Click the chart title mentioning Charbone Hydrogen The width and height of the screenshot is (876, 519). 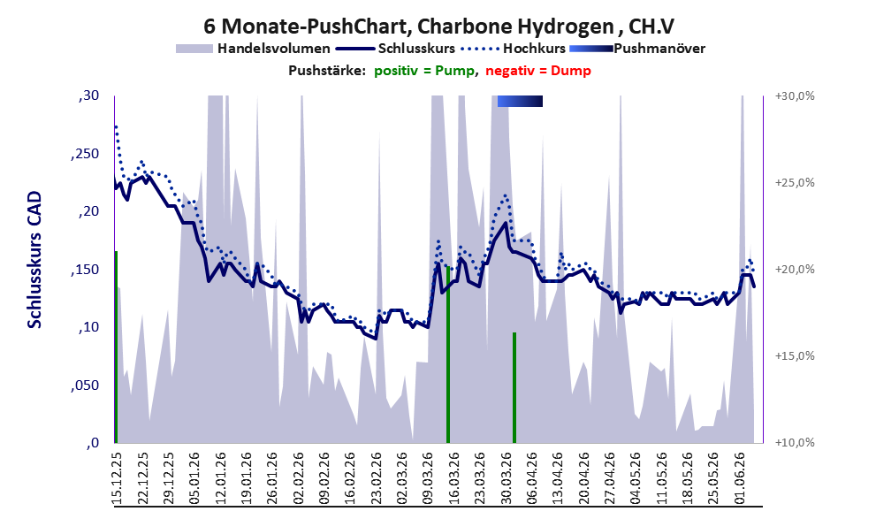click(438, 27)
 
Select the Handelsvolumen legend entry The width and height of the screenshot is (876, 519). click(253, 49)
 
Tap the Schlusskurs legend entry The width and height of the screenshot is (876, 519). click(395, 49)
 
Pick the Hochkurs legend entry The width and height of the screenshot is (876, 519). click(513, 49)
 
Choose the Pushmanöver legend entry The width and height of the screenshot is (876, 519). click(636, 49)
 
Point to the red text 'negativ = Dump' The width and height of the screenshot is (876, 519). click(538, 71)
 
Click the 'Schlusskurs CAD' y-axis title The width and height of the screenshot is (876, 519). click(34, 260)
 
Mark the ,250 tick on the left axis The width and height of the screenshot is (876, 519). click(85, 154)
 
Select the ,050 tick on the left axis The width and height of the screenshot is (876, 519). click(85, 385)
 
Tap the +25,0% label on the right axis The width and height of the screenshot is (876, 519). click(795, 183)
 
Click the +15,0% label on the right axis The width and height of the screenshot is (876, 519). click(795, 355)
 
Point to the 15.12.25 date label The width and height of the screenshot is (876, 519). click(118, 478)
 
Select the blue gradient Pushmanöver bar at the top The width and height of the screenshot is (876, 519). click(520, 101)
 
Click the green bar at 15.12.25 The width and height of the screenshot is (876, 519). click(116, 347)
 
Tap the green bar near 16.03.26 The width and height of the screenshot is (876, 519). click(448, 355)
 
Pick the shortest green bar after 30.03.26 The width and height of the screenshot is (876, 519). click(514, 388)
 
